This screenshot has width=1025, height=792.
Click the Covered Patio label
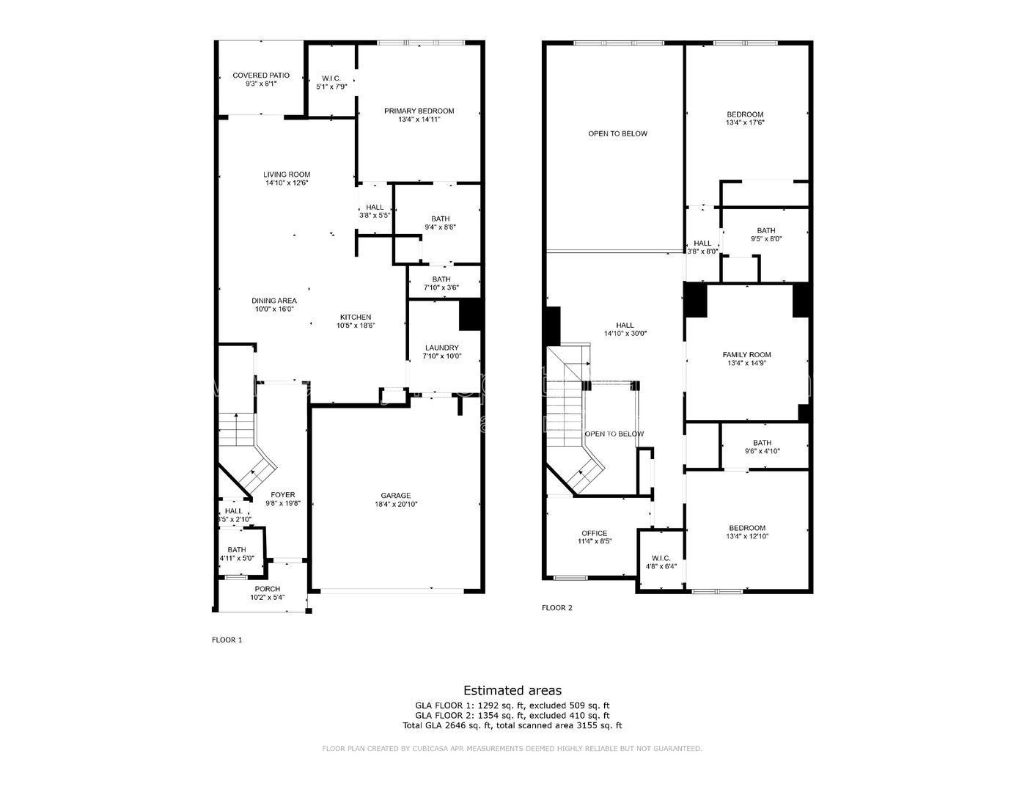[x=260, y=76]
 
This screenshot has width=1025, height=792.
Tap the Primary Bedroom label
[x=419, y=111]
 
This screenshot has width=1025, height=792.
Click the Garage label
[x=395, y=495]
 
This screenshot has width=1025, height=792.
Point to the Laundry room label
[x=441, y=348]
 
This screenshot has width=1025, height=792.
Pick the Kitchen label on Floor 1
[x=355, y=317]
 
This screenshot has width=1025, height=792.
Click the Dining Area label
[x=273, y=300]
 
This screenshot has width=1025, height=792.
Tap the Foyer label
[x=282, y=494]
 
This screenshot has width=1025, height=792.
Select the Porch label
[x=267, y=589]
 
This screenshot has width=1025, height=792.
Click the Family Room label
[x=746, y=354]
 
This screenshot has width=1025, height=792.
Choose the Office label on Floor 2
[x=594, y=533]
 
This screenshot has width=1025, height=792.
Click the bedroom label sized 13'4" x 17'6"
[x=744, y=114]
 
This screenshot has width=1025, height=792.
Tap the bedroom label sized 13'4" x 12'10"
[x=746, y=528]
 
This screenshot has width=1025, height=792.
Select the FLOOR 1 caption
[x=227, y=639]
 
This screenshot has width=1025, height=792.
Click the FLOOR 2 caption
[x=556, y=607]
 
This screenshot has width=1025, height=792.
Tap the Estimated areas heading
[x=512, y=690]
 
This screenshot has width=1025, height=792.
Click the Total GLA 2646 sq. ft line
[x=512, y=725]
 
